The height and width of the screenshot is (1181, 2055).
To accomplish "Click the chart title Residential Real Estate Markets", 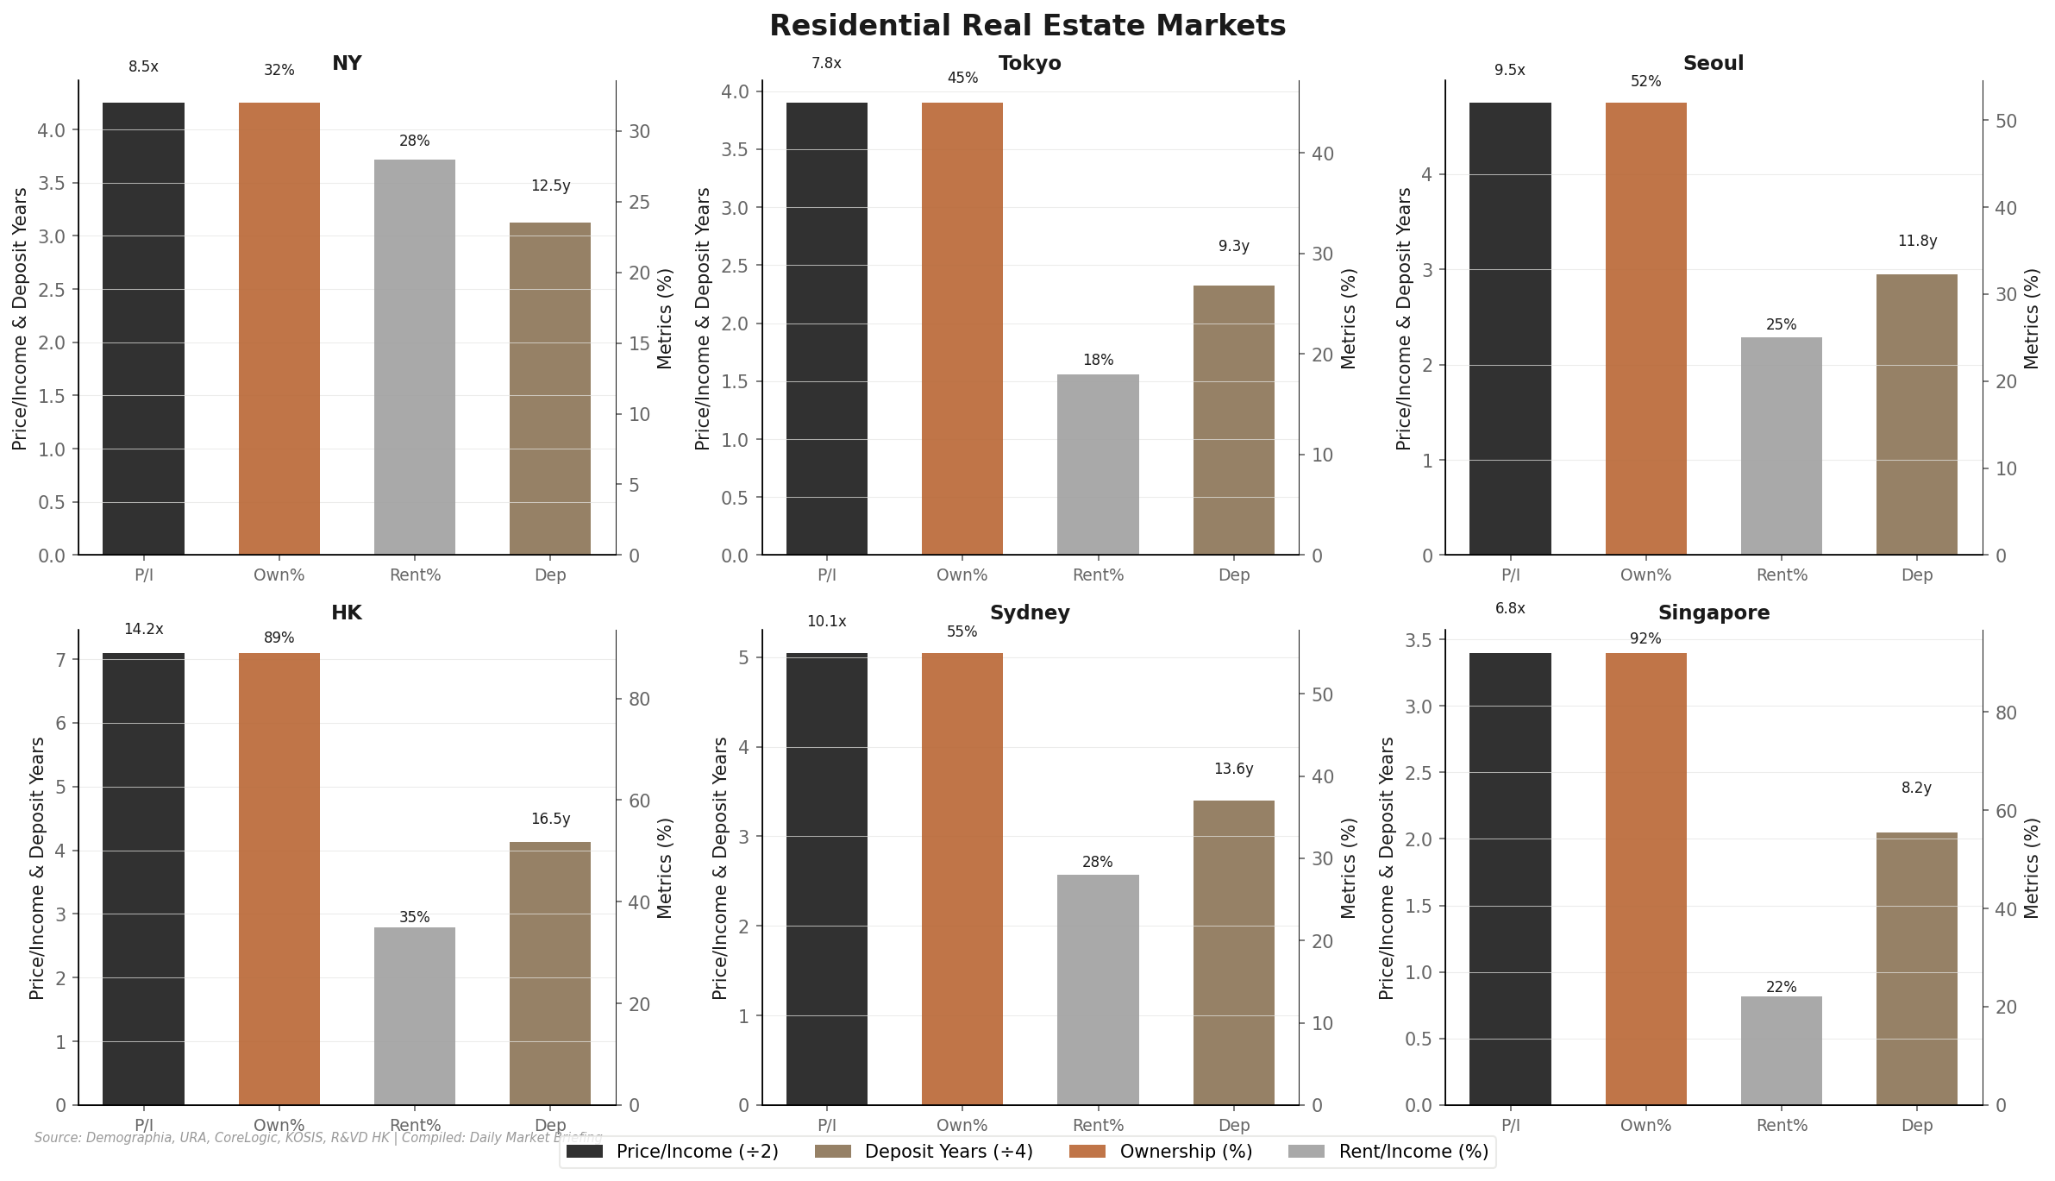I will [x=1027, y=26].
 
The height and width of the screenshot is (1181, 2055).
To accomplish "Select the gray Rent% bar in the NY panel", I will [x=415, y=357].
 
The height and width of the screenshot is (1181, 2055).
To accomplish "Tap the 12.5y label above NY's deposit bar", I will [x=550, y=186].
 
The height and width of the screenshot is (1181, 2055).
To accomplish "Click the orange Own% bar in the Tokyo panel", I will [x=962, y=328].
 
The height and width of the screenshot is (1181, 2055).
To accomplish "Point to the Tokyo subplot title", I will [x=1030, y=64].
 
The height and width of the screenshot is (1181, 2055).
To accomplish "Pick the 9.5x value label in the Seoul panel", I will [x=1509, y=71].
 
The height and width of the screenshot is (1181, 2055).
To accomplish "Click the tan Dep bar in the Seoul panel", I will [x=1916, y=414].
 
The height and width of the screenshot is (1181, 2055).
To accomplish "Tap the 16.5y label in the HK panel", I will [x=550, y=820].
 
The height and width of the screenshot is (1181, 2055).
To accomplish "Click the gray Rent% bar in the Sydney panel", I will [x=1098, y=989].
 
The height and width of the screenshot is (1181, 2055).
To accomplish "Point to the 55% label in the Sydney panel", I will [x=962, y=632].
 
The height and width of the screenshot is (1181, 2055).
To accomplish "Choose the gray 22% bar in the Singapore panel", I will [x=1781, y=1050].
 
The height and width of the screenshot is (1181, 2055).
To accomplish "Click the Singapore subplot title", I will [x=1714, y=613].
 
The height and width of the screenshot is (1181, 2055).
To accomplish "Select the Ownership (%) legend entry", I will [x=1160, y=1152].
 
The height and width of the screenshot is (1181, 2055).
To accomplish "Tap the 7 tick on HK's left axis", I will [x=61, y=661].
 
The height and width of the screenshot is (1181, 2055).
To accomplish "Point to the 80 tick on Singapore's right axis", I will [x=2006, y=713].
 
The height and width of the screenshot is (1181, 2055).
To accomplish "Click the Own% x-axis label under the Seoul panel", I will [x=1645, y=575].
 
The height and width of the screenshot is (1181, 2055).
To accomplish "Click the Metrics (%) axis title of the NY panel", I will [x=664, y=318].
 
